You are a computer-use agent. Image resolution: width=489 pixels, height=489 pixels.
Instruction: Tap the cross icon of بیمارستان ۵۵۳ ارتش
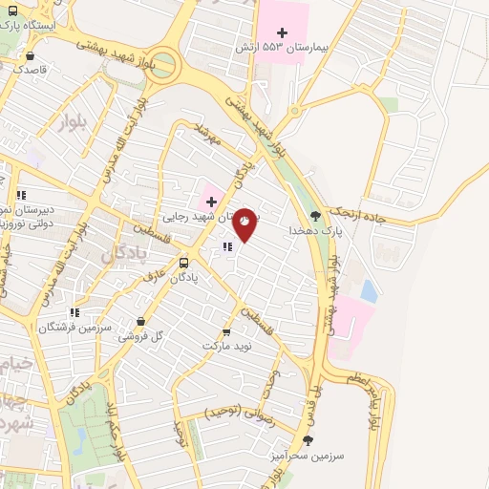282,33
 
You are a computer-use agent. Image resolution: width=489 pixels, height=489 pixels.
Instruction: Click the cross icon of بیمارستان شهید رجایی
211,202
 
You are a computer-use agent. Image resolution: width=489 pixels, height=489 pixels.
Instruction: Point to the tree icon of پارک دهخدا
316,217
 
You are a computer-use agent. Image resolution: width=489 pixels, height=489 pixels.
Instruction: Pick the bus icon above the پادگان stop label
183,263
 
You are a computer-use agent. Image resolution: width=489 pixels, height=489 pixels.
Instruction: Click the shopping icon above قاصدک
32,55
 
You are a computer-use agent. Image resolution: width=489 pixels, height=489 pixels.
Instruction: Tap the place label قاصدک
32,70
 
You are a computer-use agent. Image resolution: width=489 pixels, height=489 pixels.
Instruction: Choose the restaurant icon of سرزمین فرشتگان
74,312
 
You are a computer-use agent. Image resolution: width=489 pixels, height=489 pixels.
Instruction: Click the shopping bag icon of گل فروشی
141,322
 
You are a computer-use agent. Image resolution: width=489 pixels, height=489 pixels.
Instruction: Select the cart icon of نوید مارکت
226,332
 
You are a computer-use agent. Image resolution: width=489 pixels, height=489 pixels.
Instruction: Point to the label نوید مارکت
226,346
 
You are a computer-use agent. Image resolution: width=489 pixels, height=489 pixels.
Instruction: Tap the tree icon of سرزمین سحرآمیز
308,440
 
